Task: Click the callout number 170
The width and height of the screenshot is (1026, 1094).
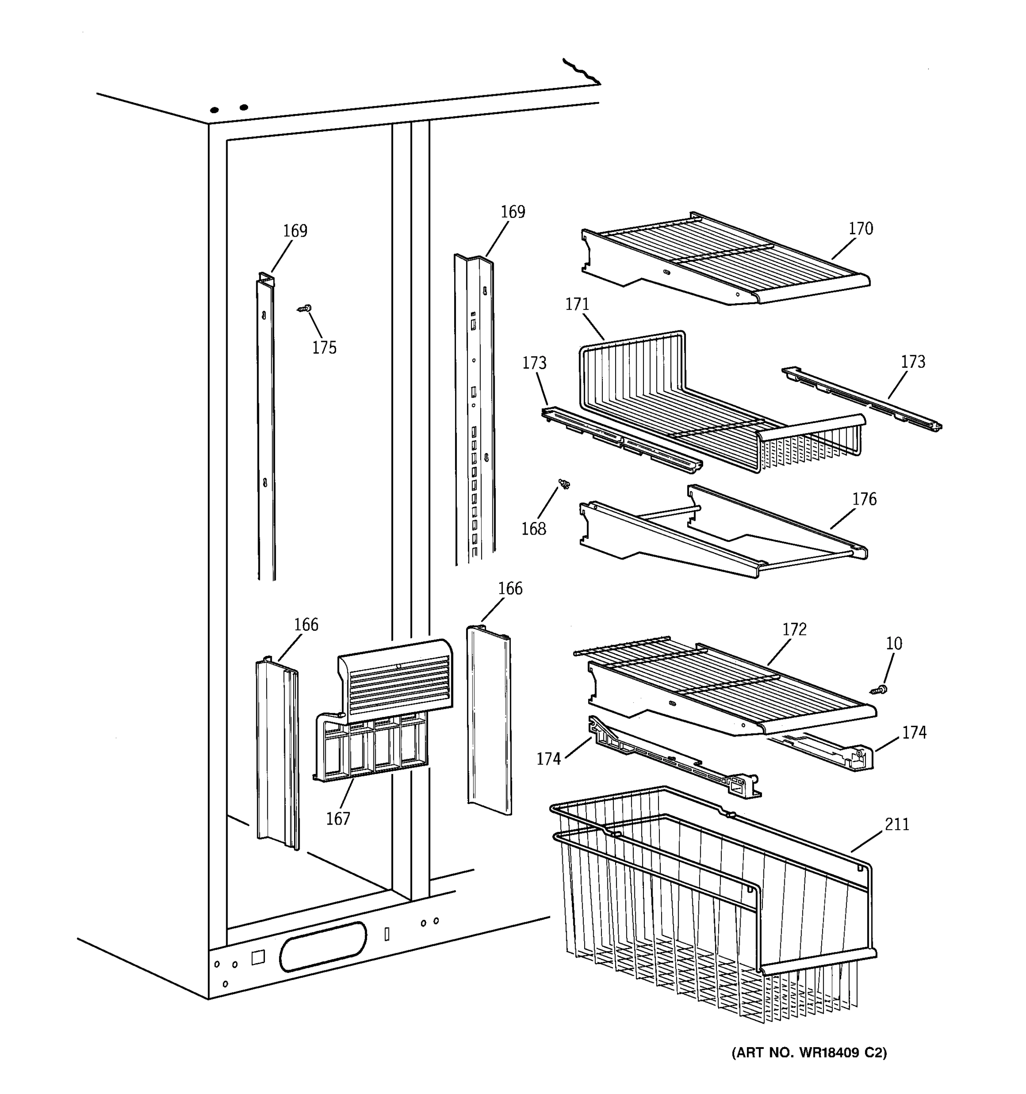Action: [x=860, y=228]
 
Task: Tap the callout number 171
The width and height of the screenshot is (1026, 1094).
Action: [x=577, y=304]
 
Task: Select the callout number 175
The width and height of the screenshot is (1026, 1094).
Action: [x=324, y=348]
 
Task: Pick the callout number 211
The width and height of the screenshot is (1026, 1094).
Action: [x=896, y=824]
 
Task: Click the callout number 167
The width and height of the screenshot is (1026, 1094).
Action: [x=338, y=819]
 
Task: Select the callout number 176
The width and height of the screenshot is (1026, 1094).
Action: [x=864, y=499]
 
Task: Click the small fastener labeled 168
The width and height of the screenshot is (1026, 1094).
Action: [x=564, y=484]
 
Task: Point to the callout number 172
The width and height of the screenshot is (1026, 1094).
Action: [x=794, y=629]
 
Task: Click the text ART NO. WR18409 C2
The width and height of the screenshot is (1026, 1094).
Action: [x=808, y=1053]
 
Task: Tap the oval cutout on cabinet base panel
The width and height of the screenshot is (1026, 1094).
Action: [x=322, y=946]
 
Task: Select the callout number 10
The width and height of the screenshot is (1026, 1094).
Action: [x=894, y=643]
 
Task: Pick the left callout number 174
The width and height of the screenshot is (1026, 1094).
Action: [x=548, y=759]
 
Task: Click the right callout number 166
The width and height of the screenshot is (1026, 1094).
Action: [x=510, y=588]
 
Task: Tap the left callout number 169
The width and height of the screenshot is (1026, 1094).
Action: [x=295, y=231]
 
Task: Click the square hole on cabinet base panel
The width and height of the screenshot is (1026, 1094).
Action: [x=258, y=958]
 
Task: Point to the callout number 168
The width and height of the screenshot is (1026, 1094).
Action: [x=534, y=529]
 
